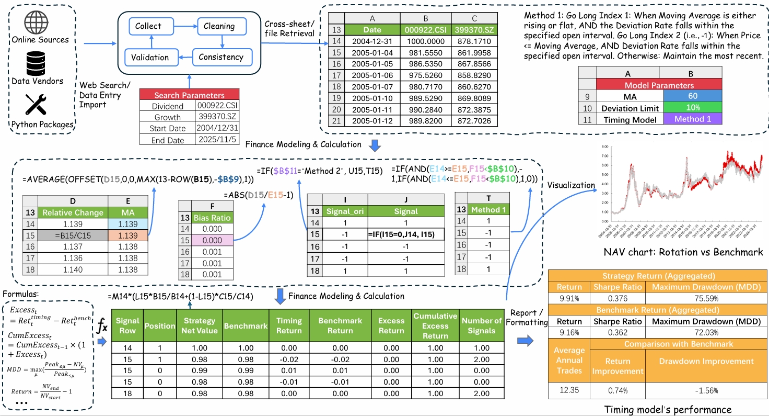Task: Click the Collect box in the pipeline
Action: (148, 26)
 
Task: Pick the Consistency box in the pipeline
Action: (221, 57)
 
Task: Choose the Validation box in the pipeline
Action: (150, 57)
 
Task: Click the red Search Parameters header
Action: (189, 95)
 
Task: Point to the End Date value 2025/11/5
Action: (216, 139)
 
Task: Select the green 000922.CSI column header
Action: (426, 30)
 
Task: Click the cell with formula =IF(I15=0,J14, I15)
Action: (406, 234)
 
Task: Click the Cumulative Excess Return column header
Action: (435, 325)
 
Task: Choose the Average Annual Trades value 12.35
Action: (569, 390)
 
